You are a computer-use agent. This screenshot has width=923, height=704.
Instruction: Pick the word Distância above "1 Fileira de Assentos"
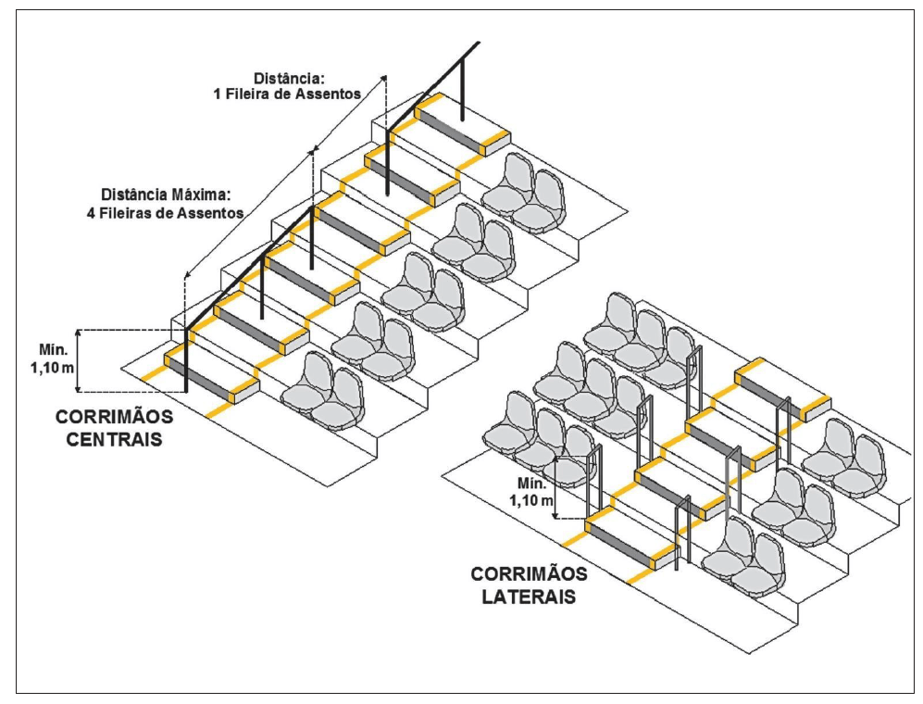point(289,76)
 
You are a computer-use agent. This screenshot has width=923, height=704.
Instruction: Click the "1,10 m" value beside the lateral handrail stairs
point(532,501)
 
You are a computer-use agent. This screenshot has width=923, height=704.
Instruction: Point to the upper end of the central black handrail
point(479,44)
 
